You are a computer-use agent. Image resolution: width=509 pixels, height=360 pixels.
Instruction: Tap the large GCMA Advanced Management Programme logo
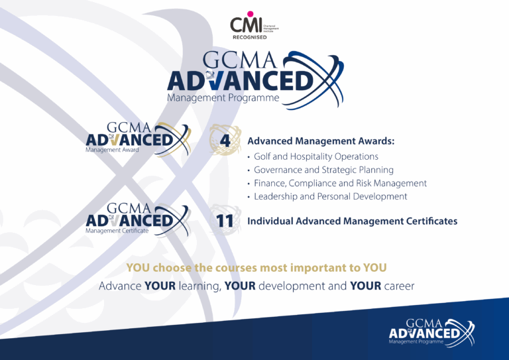pyautogui.click(x=255, y=76)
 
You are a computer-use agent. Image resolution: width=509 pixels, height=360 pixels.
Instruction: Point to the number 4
pyautogui.click(x=225, y=141)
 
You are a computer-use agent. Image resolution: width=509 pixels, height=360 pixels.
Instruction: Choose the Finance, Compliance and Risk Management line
pyautogui.click(x=340, y=183)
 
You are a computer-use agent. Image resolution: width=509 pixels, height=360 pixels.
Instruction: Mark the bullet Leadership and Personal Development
pyautogui.click(x=330, y=196)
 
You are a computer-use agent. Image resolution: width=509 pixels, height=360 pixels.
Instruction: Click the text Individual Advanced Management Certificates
pyautogui.click(x=352, y=221)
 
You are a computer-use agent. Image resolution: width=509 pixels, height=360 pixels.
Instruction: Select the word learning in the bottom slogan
pyautogui.click(x=200, y=286)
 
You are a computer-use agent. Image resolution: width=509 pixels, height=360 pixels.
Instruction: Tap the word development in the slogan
pyautogui.click(x=292, y=286)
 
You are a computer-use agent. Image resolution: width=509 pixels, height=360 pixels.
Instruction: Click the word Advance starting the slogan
pyautogui.click(x=120, y=286)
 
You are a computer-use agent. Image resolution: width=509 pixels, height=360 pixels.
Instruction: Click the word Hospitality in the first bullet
pyautogui.click(x=313, y=156)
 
